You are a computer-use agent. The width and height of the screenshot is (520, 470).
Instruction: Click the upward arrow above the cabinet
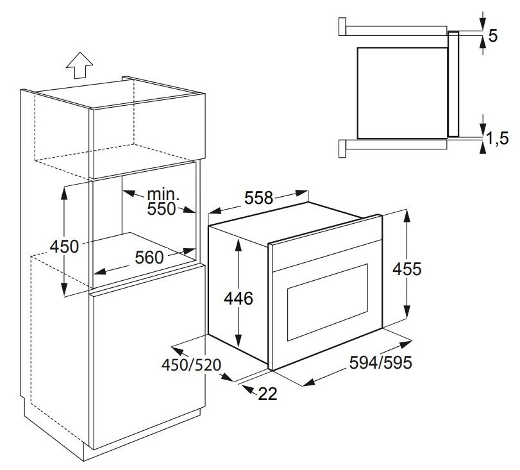click(80, 65)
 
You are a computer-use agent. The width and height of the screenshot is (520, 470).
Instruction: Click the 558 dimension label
click(258, 198)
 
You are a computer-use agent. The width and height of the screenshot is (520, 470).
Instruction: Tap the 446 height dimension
click(239, 298)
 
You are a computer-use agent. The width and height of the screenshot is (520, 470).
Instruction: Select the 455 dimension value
click(407, 269)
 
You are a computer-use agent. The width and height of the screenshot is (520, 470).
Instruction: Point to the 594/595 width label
click(381, 362)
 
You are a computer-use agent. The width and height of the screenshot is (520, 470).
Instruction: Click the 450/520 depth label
click(191, 365)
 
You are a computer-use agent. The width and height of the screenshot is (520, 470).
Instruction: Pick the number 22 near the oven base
click(267, 394)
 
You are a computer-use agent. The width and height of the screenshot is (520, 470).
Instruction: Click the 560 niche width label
click(149, 257)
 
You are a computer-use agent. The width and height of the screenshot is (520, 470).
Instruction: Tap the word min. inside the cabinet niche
click(163, 194)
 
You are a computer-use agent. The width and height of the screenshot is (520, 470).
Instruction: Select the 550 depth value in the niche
click(161, 209)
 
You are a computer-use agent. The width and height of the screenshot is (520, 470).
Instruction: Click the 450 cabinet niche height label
click(64, 246)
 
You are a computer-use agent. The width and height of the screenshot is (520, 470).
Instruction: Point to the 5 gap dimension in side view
click(493, 35)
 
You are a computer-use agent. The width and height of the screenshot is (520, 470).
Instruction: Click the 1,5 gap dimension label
click(497, 138)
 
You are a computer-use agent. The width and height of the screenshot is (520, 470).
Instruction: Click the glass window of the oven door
click(328, 302)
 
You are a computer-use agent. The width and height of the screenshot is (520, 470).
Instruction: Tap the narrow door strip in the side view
click(453, 84)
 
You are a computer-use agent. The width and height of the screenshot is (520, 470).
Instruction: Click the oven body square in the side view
click(402, 93)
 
